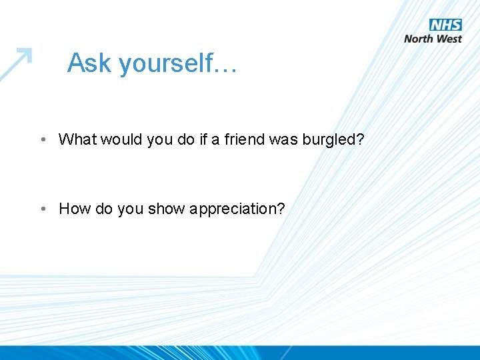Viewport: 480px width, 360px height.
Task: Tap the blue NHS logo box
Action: point(445,25)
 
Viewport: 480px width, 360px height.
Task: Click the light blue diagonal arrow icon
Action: point(16,64)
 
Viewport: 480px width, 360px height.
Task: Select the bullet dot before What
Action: point(42,139)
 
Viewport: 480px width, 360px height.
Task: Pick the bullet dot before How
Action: point(42,209)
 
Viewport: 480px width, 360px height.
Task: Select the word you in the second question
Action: point(131,209)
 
